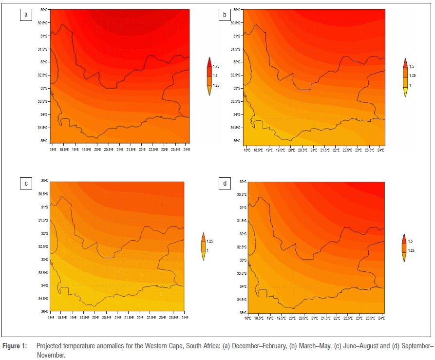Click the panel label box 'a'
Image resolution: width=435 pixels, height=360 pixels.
pyautogui.click(x=25, y=15)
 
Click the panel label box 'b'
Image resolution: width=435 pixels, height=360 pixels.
pyautogui.click(x=225, y=15)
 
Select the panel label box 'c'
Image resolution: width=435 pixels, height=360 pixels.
pyautogui.click(x=25, y=183)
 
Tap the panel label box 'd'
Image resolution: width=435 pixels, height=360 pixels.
pyautogui.click(x=225, y=183)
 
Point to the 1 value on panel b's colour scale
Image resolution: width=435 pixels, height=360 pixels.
pyautogui.click(x=412, y=86)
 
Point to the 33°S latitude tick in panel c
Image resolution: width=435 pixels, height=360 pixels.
pyautogui.click(x=44, y=259)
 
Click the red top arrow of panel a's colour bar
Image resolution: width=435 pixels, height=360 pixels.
pyautogui.click(x=209, y=62)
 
